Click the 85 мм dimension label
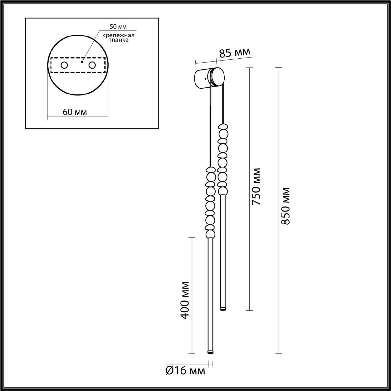[234, 53]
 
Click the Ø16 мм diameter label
[185, 371]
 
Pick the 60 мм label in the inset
[75, 112]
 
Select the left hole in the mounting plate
[64, 65]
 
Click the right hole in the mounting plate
[92, 65]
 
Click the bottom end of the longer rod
[210, 352]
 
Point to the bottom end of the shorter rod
[223, 308]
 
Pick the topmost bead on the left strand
[210, 170]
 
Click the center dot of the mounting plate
[82, 62]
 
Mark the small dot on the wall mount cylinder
[205, 79]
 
